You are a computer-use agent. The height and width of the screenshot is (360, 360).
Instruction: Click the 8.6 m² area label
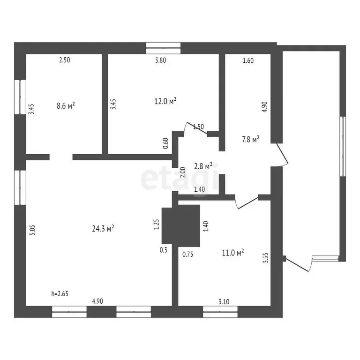pyautogui.click(x=66, y=106)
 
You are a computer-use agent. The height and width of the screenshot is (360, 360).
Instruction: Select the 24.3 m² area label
pyautogui.click(x=104, y=229)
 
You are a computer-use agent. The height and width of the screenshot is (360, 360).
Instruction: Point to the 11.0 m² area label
pyautogui.click(x=233, y=253)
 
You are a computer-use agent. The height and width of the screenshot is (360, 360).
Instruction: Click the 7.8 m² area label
pyautogui.click(x=250, y=139)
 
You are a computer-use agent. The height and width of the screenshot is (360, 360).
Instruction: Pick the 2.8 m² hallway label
pyautogui.click(x=203, y=166)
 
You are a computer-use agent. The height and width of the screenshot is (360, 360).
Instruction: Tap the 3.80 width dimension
pyautogui.click(x=161, y=60)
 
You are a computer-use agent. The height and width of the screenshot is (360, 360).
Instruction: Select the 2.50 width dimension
pyautogui.click(x=64, y=60)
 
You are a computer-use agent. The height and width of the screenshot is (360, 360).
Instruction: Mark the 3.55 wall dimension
pyautogui.click(x=265, y=259)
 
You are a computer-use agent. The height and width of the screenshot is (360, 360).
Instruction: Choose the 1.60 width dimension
pyautogui.click(x=247, y=60)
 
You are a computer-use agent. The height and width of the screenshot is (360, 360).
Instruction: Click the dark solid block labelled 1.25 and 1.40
pyautogui.click(x=181, y=225)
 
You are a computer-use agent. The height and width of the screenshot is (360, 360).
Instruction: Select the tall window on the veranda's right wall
pyautogui.click(x=343, y=146)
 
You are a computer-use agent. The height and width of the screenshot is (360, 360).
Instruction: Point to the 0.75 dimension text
pyautogui.click(x=188, y=254)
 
